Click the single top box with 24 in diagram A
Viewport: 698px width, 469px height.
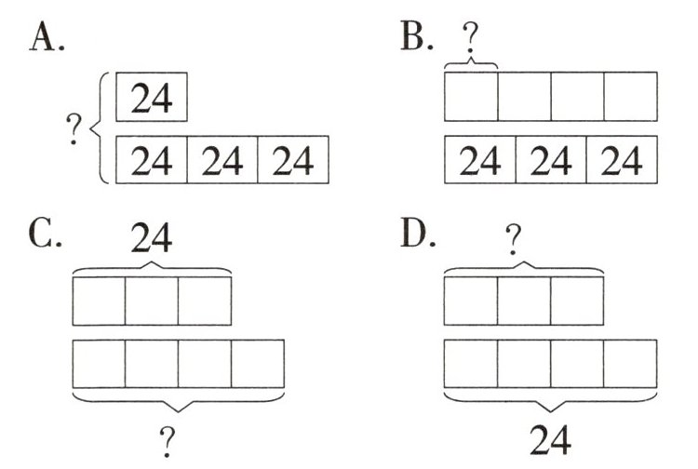click(152, 98)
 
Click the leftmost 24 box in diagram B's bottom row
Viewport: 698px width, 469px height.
click(480, 159)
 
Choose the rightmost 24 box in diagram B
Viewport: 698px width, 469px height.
click(621, 159)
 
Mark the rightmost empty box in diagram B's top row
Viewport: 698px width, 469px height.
click(630, 96)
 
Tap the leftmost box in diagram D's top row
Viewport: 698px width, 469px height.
click(471, 301)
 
